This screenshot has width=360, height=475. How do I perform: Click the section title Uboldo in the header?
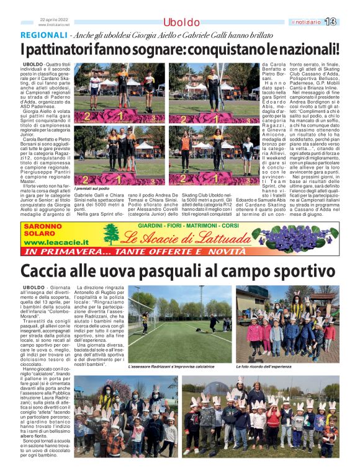coord(181,22)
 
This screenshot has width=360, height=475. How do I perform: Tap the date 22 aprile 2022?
coord(55,19)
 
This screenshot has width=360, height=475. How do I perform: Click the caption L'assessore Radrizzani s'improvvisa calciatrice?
coord(171,367)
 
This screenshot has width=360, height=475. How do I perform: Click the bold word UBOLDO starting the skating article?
coord(33,64)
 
